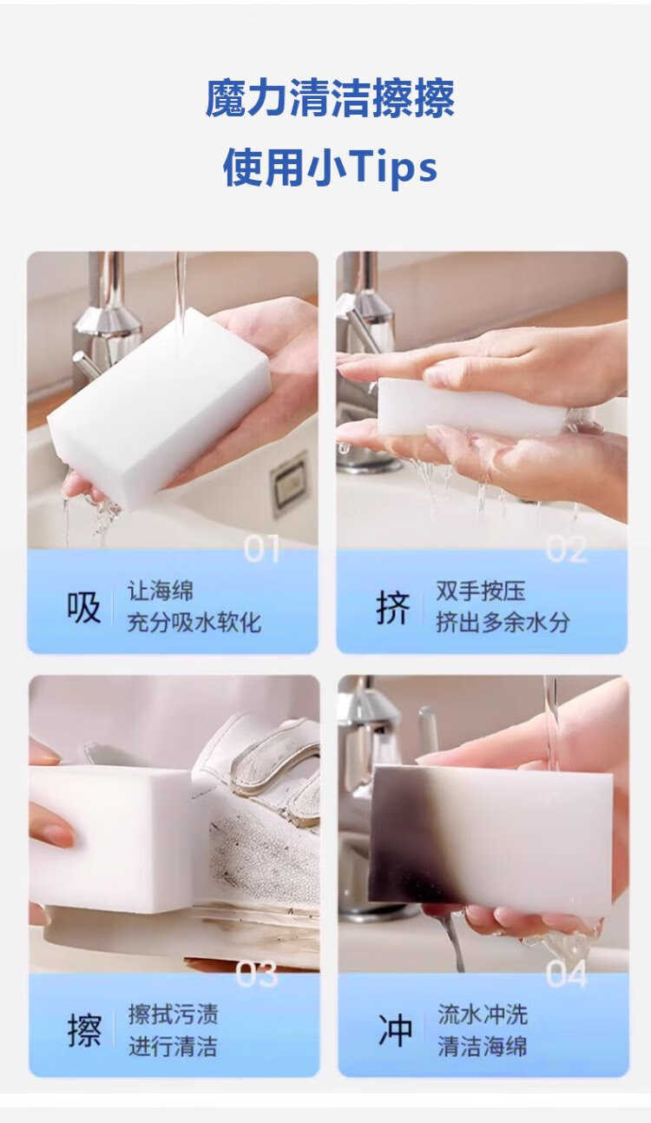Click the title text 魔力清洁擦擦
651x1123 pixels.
(x=330, y=99)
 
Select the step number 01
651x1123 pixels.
(x=260, y=550)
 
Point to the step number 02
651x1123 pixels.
(x=566, y=550)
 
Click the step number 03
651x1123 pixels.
(x=257, y=974)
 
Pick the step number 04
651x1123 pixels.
(x=566, y=974)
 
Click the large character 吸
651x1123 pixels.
(x=83, y=607)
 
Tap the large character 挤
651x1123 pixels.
(x=393, y=607)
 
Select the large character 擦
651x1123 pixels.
(x=84, y=1031)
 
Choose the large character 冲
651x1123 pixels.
(x=395, y=1031)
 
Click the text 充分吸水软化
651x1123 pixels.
(x=194, y=623)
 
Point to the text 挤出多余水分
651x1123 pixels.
(x=503, y=623)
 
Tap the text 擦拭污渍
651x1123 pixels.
(x=174, y=1014)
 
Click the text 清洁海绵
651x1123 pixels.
(x=483, y=1047)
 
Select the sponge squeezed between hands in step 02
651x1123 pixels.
(x=471, y=407)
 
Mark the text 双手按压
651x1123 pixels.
(x=481, y=591)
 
